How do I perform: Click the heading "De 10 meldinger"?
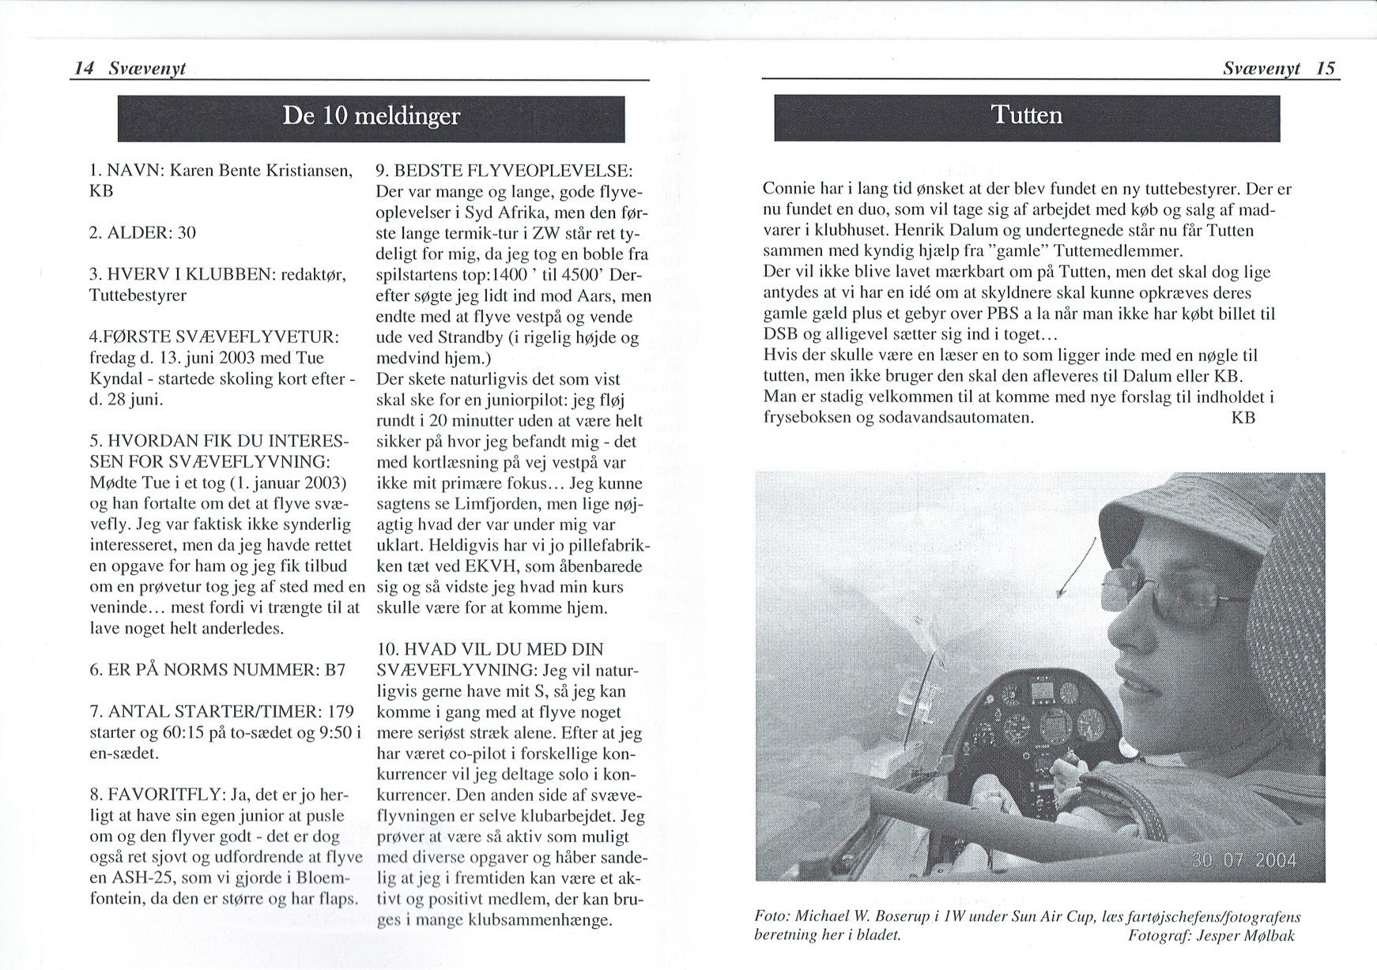click(371, 117)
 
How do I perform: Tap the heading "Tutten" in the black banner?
click(1027, 115)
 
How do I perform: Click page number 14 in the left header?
click(83, 69)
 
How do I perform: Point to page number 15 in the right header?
click(1326, 69)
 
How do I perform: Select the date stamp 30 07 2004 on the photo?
click(1243, 859)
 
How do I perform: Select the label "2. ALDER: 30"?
click(142, 233)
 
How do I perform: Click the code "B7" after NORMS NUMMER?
click(335, 670)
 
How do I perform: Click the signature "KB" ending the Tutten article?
click(1243, 417)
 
